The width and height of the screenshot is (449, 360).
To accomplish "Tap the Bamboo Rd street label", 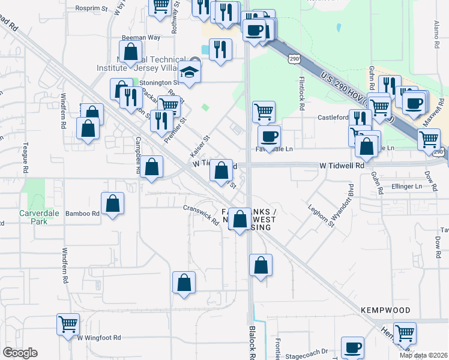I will tap(82, 213).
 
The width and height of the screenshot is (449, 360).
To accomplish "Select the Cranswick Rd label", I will tap(200, 215).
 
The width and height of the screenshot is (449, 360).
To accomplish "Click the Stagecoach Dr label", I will tap(307, 352).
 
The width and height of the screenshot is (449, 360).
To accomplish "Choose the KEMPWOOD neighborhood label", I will tap(385, 310).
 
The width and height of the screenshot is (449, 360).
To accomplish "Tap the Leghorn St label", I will tap(322, 214).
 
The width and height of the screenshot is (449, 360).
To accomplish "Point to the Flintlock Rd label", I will tap(303, 92).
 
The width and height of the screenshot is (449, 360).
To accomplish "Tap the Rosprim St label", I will tap(91, 9).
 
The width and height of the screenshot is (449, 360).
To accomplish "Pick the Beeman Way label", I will tap(133, 37).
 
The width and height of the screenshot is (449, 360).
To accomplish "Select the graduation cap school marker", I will tap(190, 73).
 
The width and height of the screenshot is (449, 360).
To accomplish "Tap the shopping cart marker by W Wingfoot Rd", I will tap(68, 324).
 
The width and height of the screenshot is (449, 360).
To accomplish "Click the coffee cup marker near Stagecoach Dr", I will tap(352, 347).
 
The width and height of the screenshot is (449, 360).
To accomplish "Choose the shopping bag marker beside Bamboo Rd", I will tap(112, 203).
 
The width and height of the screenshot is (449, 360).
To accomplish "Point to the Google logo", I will tap(20, 353).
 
